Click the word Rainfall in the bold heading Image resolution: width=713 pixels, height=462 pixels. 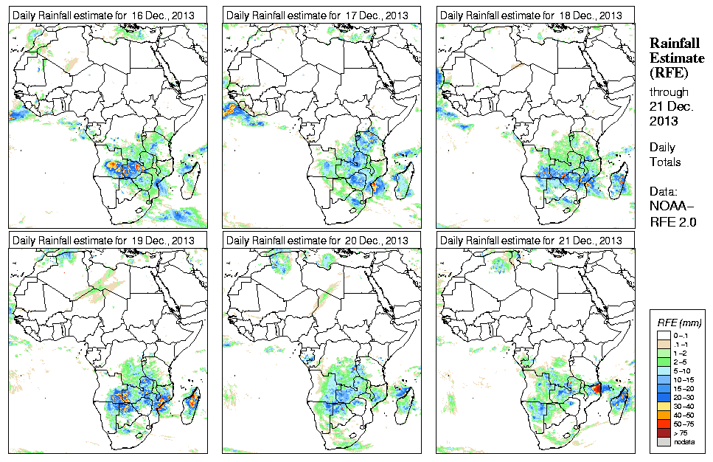point(672,44)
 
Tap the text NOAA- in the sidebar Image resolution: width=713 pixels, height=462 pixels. point(671,206)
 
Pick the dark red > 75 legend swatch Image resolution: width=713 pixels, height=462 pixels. point(664,434)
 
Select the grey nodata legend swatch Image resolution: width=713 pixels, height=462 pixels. point(664,442)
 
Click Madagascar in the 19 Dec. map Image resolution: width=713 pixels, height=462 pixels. point(194,401)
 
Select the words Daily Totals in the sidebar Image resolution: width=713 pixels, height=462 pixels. point(665,155)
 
